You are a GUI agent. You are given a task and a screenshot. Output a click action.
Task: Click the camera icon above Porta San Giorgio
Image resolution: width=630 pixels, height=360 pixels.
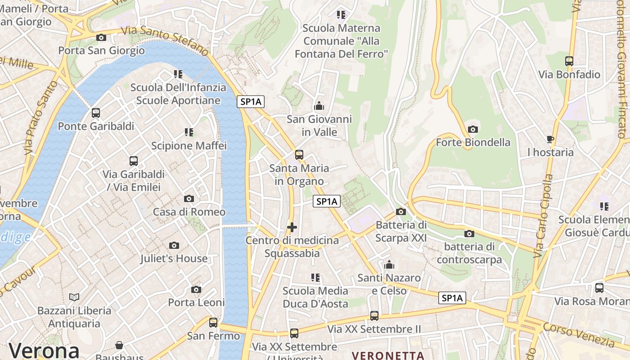(x=101, y=37)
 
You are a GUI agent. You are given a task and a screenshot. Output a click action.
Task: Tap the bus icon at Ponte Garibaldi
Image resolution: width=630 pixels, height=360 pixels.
(x=96, y=113)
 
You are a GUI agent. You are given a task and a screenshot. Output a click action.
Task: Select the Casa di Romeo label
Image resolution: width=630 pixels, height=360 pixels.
(x=189, y=211)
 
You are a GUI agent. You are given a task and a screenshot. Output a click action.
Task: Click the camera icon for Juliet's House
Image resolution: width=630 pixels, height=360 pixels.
(x=174, y=245)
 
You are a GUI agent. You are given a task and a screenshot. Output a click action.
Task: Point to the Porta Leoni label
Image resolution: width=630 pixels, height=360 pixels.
(x=196, y=302)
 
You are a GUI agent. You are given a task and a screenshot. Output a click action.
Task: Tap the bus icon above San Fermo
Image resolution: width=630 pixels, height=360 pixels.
(x=213, y=323)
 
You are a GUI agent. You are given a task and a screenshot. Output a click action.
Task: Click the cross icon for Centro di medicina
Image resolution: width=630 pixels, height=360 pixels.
(x=292, y=227)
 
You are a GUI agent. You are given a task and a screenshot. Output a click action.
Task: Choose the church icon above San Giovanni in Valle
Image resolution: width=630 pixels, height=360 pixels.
(x=319, y=106)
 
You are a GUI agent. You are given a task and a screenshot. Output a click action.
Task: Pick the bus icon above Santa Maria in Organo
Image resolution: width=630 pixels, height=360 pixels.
(x=299, y=155)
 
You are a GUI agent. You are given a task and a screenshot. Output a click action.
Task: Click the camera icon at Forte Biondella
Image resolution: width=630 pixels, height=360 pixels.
(x=473, y=130)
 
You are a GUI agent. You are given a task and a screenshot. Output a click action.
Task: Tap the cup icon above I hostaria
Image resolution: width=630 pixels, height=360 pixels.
(x=550, y=139)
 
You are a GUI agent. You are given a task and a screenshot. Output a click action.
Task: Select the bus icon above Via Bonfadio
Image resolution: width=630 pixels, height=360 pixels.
(x=569, y=61)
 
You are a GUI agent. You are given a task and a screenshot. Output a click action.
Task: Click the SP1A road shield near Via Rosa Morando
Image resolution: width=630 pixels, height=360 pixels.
(x=452, y=298)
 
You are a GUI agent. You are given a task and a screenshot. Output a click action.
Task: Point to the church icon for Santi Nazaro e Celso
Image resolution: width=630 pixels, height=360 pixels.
(x=389, y=265)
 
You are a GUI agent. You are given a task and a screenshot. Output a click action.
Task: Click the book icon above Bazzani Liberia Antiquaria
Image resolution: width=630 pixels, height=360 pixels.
(x=74, y=297)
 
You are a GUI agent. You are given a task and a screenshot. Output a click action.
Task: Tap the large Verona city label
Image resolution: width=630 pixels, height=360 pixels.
(x=44, y=350)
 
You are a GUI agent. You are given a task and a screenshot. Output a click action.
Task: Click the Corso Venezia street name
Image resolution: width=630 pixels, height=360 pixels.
(x=579, y=335)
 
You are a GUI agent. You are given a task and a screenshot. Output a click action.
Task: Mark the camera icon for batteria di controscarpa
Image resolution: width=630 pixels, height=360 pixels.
(x=469, y=234)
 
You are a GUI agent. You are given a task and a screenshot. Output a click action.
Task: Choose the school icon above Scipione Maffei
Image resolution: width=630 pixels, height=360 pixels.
(x=189, y=132)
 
